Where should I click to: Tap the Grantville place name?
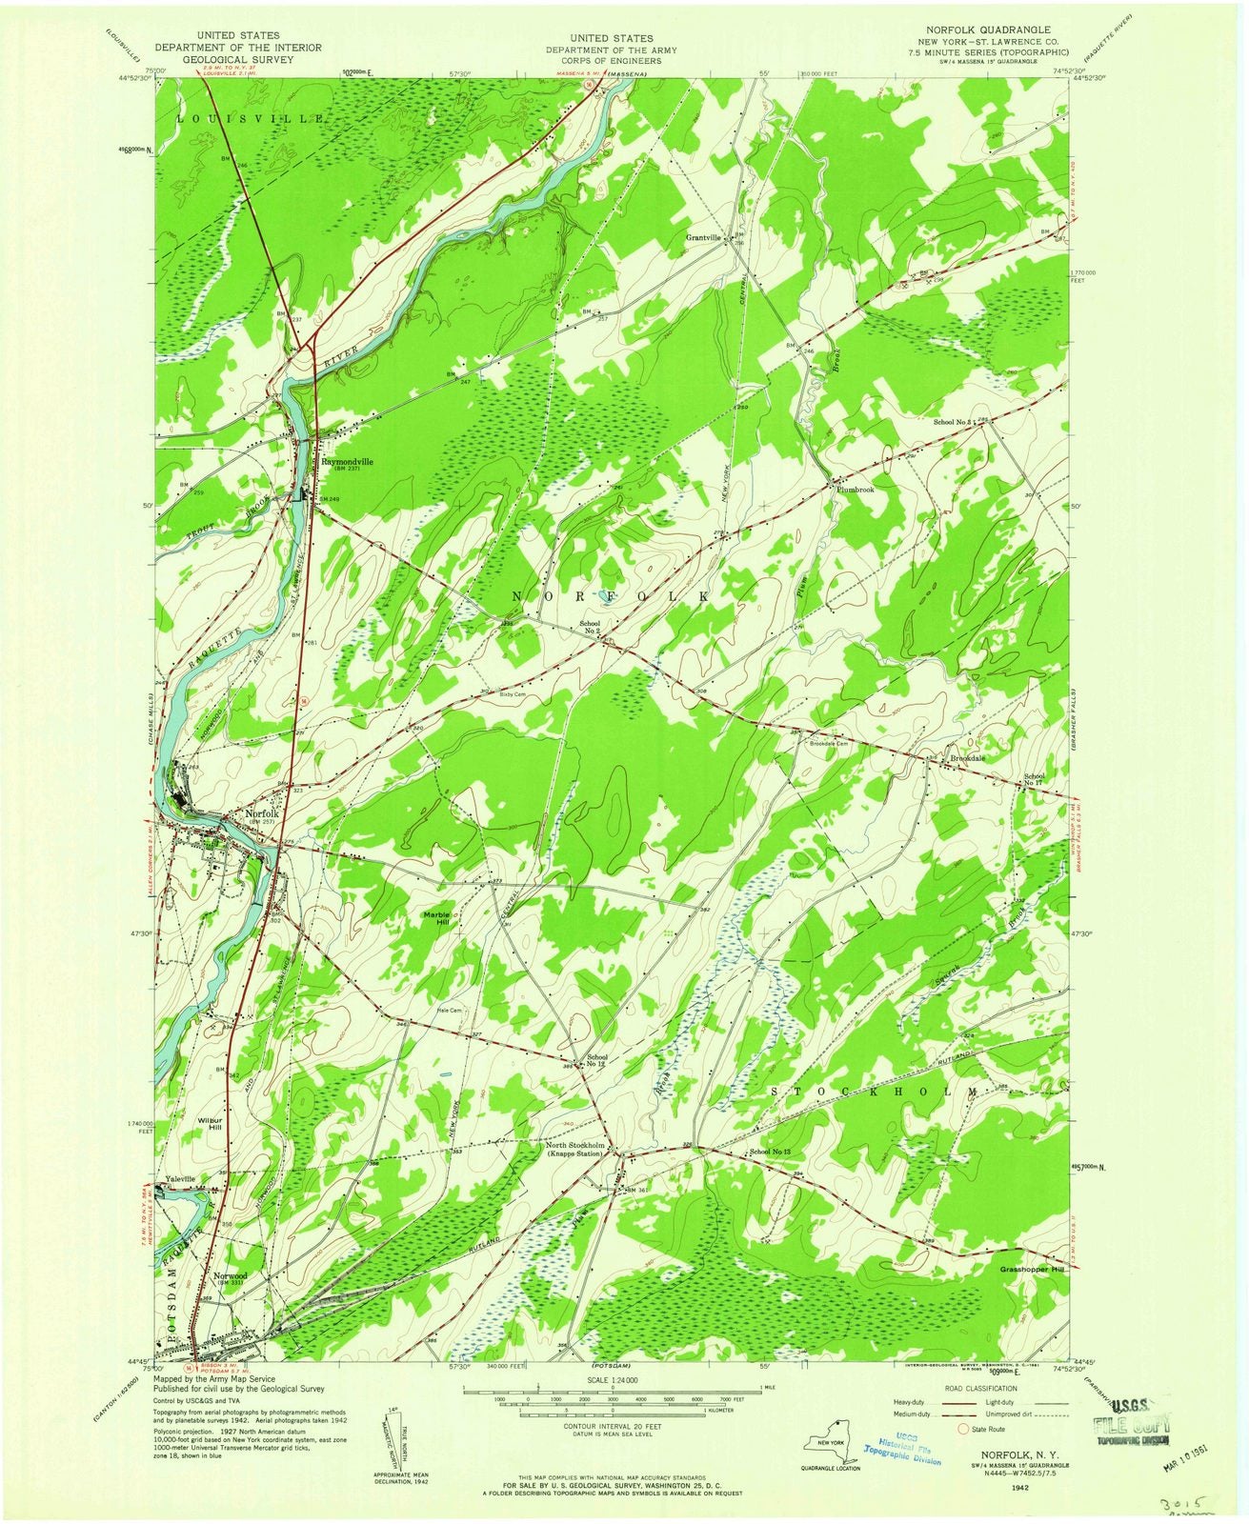point(707,236)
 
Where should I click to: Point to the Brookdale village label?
point(967,758)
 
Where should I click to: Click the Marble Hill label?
point(437,919)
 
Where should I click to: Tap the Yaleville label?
point(180,1178)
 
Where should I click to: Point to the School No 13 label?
point(771,1153)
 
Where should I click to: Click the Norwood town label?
point(231,1274)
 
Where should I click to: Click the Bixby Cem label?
point(513,694)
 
